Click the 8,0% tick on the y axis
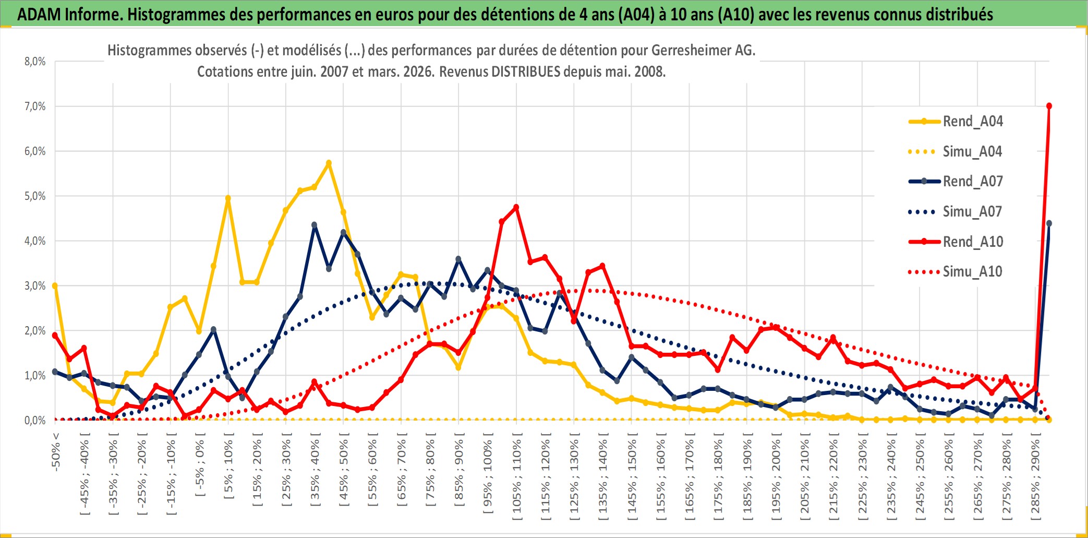pos(35,62)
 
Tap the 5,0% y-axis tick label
pos(35,196)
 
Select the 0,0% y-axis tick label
pos(35,421)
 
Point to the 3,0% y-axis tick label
pos(35,286)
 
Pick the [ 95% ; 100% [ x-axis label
pos(488,477)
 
